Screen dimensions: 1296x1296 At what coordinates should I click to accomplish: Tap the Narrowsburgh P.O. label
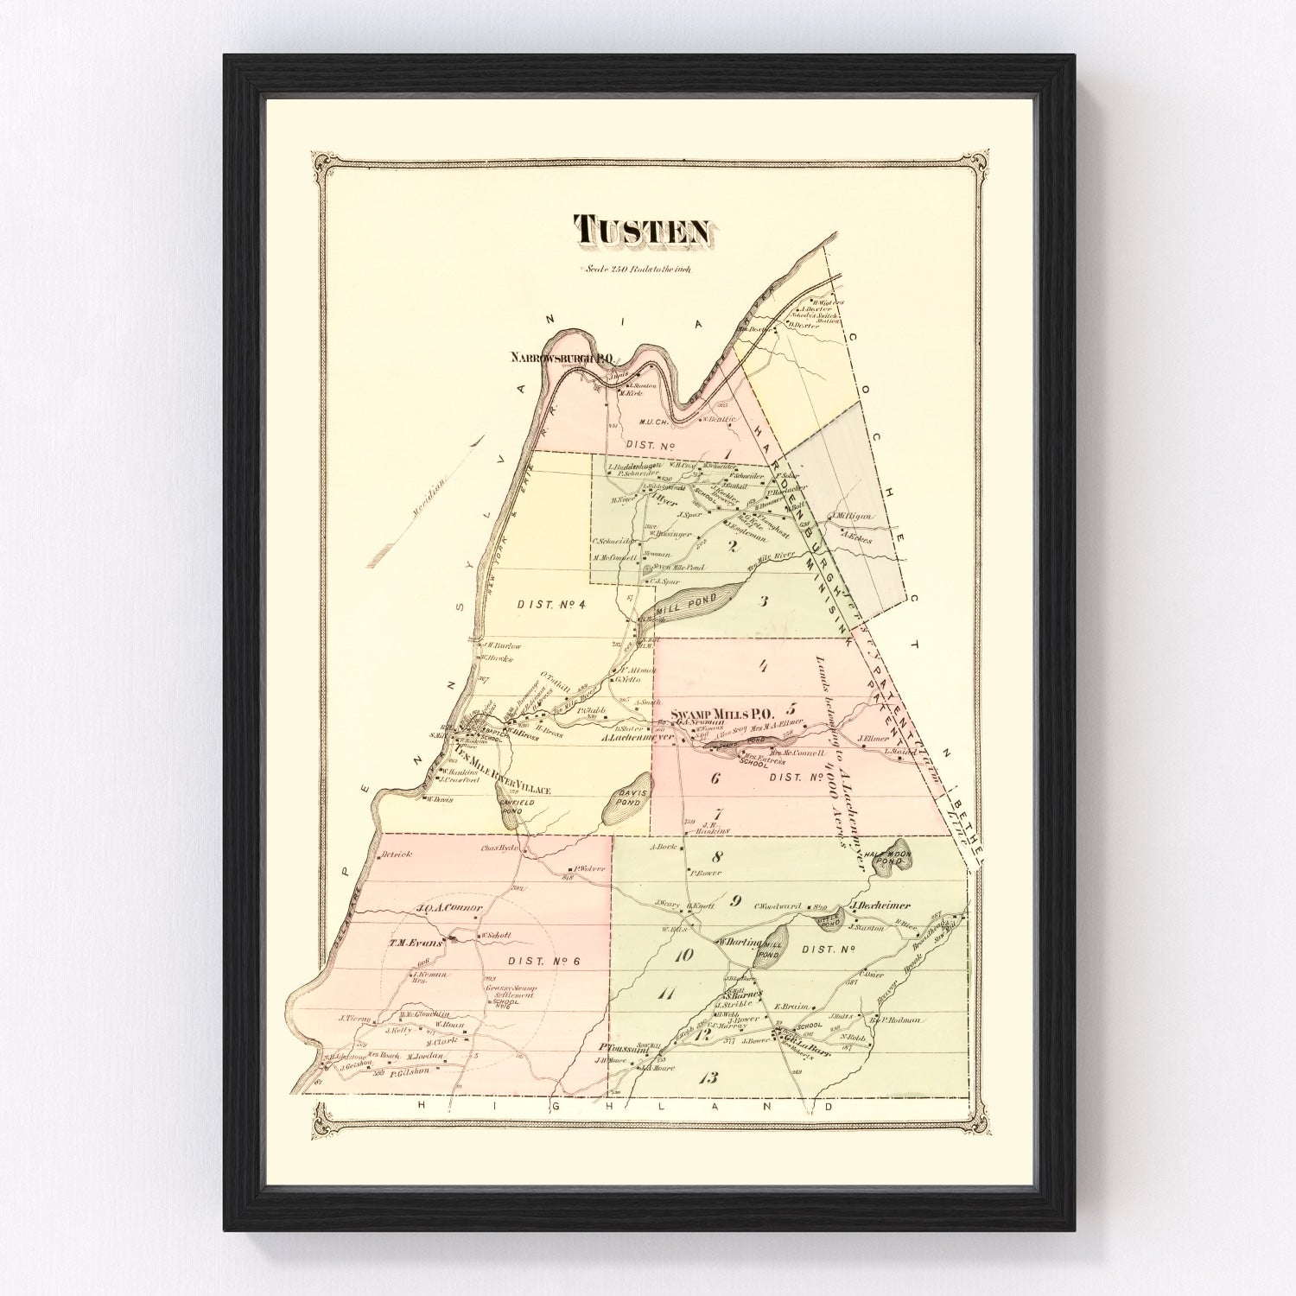click(x=562, y=357)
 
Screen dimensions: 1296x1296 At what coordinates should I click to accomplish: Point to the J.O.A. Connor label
click(x=448, y=908)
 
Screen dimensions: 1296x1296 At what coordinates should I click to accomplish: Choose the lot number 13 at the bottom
click(x=709, y=1077)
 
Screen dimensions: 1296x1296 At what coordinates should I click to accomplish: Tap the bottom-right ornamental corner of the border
click(x=977, y=1122)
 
